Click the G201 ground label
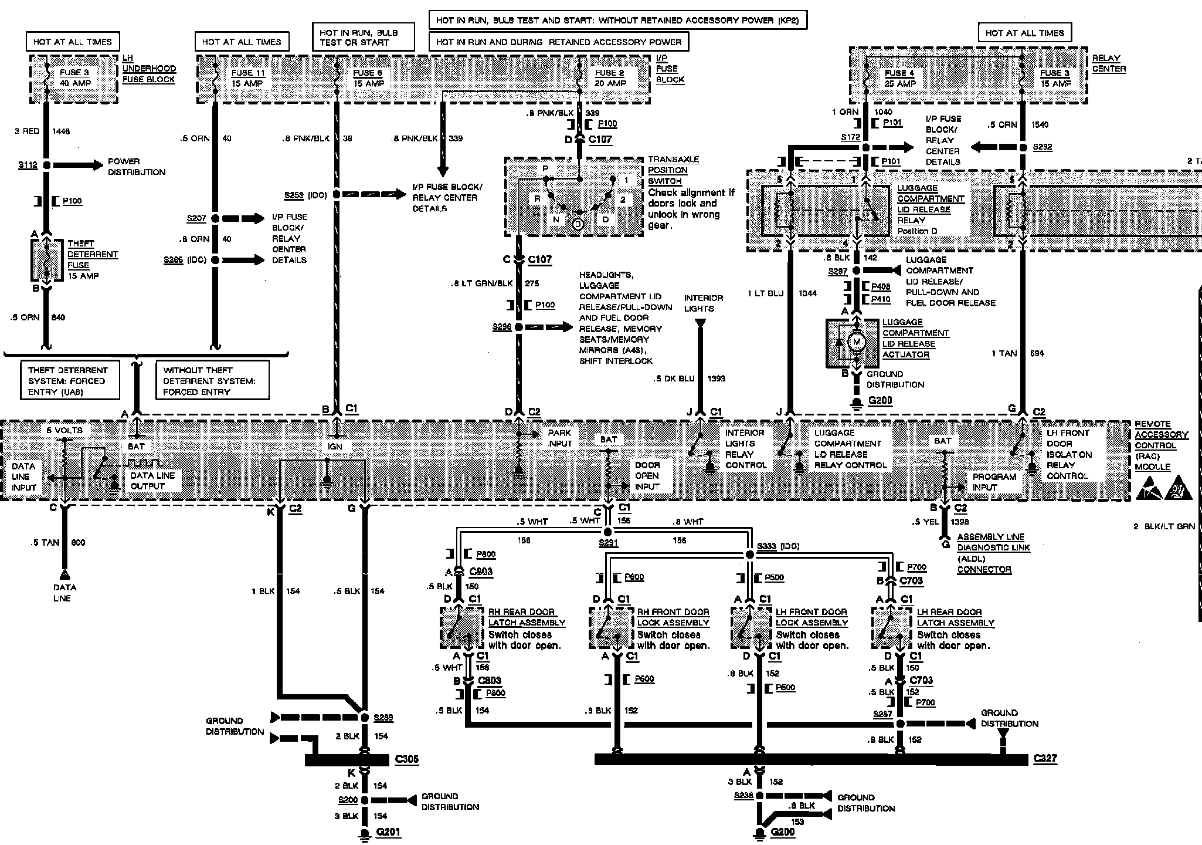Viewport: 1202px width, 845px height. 389,832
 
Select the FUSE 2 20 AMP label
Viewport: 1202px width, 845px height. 610,78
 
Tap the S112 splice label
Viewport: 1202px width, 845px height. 28,165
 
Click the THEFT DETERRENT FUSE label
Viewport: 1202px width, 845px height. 92,259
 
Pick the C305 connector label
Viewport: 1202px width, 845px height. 407,759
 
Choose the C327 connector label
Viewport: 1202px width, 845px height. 1045,758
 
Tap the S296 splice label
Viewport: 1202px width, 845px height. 502,327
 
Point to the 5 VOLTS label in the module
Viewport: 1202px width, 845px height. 64,430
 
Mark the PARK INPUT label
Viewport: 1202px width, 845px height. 559,438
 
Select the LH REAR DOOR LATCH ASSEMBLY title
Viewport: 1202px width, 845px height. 955,617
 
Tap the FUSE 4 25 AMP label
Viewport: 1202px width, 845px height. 899,78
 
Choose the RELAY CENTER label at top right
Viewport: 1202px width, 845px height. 1109,63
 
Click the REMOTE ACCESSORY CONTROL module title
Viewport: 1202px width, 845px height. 1160,445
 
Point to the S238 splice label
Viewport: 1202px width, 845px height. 743,795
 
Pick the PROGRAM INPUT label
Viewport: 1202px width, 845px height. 994,482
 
